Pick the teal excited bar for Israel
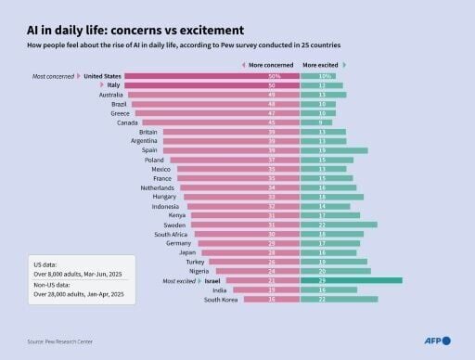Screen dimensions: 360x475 pos(351,279)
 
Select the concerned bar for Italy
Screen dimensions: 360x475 pos(213,84)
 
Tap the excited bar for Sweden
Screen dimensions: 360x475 pos(339,224)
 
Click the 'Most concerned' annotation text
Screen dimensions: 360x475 pos(53,75)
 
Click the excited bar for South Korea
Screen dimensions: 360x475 pos(339,299)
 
